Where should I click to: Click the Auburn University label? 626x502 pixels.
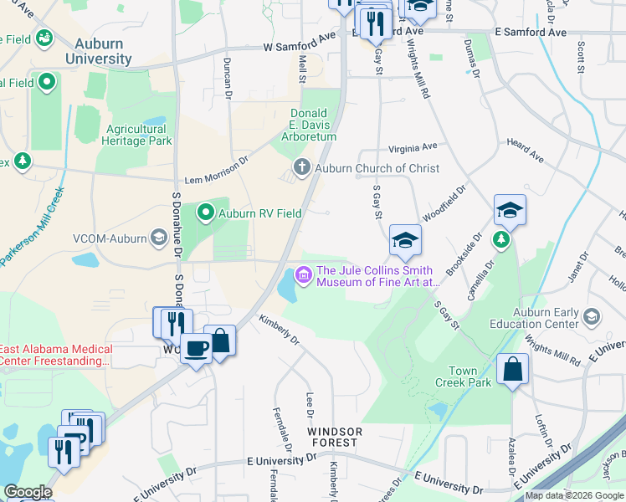pos(99,52)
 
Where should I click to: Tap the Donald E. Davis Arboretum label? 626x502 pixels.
pos(313,125)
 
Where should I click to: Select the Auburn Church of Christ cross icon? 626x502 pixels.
pos(301,168)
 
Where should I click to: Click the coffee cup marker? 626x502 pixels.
pos(196,347)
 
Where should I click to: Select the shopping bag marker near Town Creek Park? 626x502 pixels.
pos(511,368)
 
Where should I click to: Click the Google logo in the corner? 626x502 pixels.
pos(27,492)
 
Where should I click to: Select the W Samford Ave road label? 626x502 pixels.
pos(299,44)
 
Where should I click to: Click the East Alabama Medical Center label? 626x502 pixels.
pos(56,355)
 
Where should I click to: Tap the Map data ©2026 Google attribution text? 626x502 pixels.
pos(574,495)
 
